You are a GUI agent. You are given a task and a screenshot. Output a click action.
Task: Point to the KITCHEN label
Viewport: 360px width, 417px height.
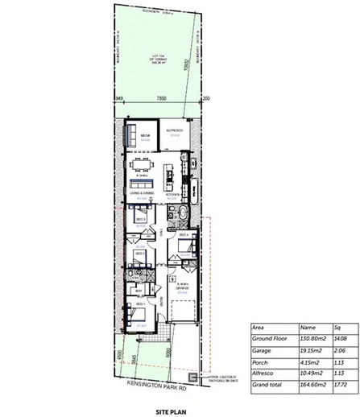[x=172, y=193]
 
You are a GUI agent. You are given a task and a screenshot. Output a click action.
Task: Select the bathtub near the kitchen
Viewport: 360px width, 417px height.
[x=180, y=215]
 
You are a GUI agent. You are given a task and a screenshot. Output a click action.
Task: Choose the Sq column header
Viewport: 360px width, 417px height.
[x=337, y=328]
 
